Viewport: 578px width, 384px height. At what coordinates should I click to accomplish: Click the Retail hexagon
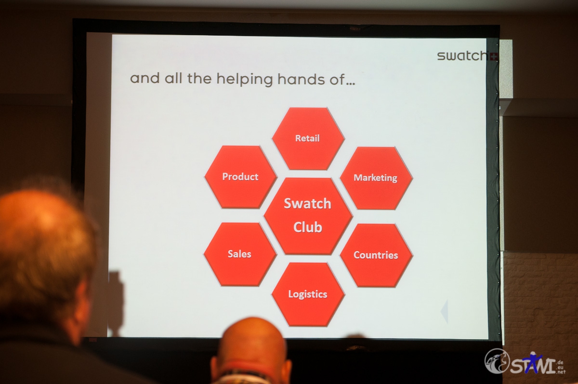(308, 139)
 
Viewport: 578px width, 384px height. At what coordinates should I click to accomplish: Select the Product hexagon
(240, 177)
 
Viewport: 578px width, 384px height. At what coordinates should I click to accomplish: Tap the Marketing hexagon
(376, 178)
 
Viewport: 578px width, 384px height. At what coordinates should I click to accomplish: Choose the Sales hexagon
(240, 254)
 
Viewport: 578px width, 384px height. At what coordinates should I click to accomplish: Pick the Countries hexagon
(376, 255)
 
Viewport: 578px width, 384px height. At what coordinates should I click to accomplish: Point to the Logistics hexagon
(308, 294)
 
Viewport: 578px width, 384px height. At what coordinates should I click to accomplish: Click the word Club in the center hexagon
(308, 227)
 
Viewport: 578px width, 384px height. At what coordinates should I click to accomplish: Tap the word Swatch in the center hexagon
(307, 203)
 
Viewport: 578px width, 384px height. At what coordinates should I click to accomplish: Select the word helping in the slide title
(244, 79)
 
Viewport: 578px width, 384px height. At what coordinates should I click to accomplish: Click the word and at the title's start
(145, 78)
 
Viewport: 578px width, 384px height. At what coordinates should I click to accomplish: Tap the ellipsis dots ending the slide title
(351, 83)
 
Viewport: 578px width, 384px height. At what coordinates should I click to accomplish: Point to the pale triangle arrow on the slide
(444, 311)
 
